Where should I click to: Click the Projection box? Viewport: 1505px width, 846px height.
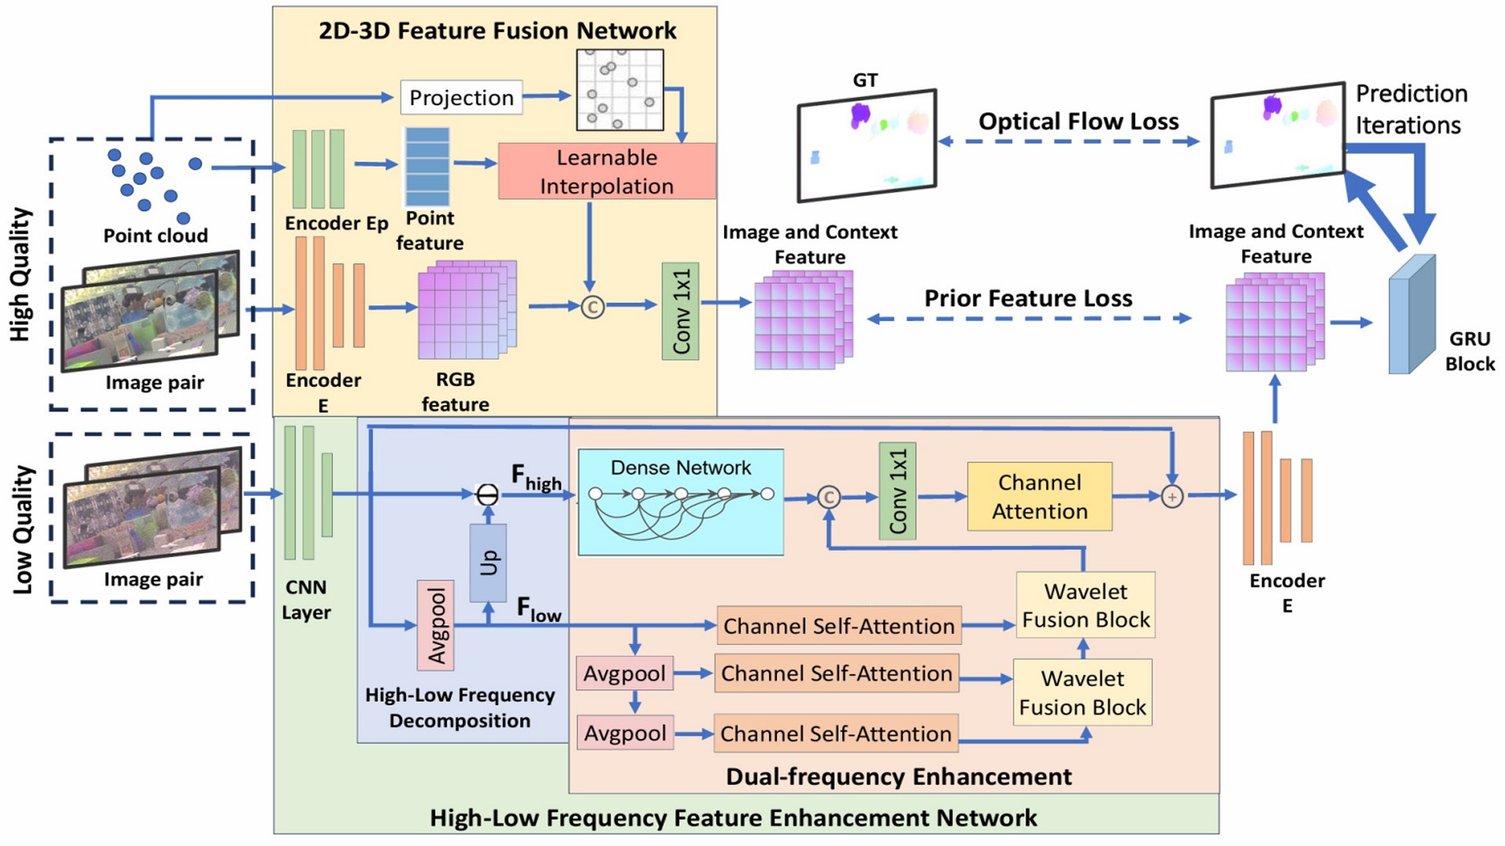[x=461, y=97]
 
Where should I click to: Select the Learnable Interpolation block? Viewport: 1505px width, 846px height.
[x=607, y=171]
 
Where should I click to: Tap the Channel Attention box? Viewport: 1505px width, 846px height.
[x=1039, y=497]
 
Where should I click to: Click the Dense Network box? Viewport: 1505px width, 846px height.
[x=680, y=502]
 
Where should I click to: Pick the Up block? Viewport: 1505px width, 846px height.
[x=488, y=562]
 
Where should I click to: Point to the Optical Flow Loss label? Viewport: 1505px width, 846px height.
[x=1078, y=121]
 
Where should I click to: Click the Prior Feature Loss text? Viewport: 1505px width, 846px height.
[x=1028, y=298]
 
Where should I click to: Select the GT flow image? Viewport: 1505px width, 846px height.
[x=866, y=146]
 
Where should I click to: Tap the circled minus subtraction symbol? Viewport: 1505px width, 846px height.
[x=488, y=495]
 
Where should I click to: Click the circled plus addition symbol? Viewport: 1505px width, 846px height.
[x=1172, y=497]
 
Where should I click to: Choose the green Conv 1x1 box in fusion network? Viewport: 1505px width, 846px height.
[x=680, y=311]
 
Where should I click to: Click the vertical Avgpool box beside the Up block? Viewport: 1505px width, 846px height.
[x=435, y=625]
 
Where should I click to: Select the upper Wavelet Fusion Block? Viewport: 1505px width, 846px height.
[x=1085, y=605]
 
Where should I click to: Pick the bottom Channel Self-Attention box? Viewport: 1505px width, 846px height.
[x=836, y=733]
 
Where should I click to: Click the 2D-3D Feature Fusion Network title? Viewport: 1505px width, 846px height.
[x=497, y=31]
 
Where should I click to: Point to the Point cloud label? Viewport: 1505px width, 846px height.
[x=155, y=236]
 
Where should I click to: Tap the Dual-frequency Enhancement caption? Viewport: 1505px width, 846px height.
[x=898, y=776]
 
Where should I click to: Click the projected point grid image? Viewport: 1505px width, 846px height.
[x=619, y=89]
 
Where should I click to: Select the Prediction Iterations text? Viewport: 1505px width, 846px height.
[x=1410, y=110]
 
